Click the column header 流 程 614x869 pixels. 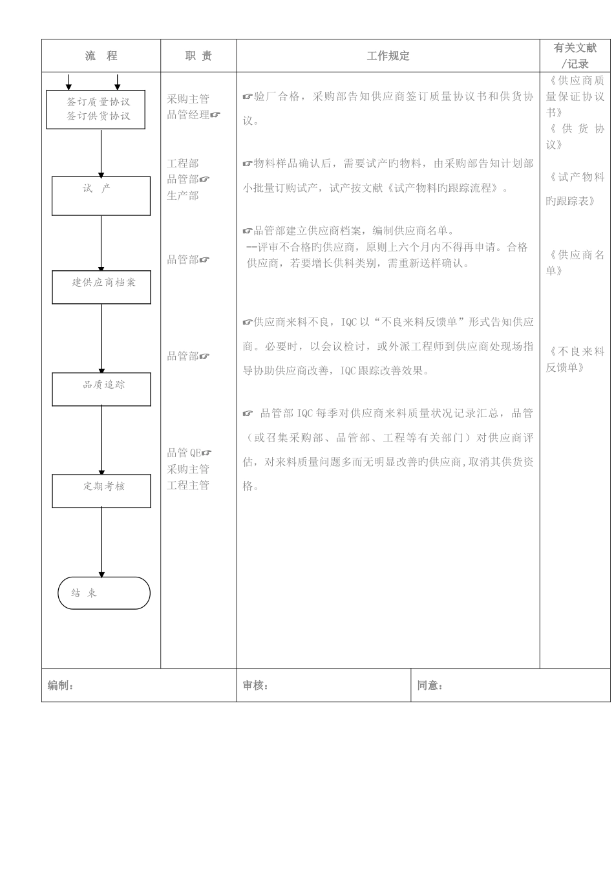coord(101,56)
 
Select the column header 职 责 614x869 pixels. coord(198,56)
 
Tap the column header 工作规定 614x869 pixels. coord(388,56)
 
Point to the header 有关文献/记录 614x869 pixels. coord(575,56)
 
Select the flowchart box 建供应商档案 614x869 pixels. coord(101,287)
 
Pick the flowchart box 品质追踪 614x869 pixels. coord(101,389)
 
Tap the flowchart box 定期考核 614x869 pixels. coord(101,491)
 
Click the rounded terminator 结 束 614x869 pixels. coord(104,593)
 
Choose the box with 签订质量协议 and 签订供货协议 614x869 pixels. coord(96,109)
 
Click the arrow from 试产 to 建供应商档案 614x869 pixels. coord(101,242)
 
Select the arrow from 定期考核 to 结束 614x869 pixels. coord(101,542)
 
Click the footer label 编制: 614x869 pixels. coord(61,686)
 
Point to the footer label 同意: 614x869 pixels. coord(430,686)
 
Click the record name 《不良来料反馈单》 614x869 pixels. coord(575,359)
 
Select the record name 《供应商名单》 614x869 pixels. coord(575,263)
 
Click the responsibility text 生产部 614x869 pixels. coord(183,195)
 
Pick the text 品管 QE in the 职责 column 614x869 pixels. coord(185,453)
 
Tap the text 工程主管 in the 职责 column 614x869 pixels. coord(188,485)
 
